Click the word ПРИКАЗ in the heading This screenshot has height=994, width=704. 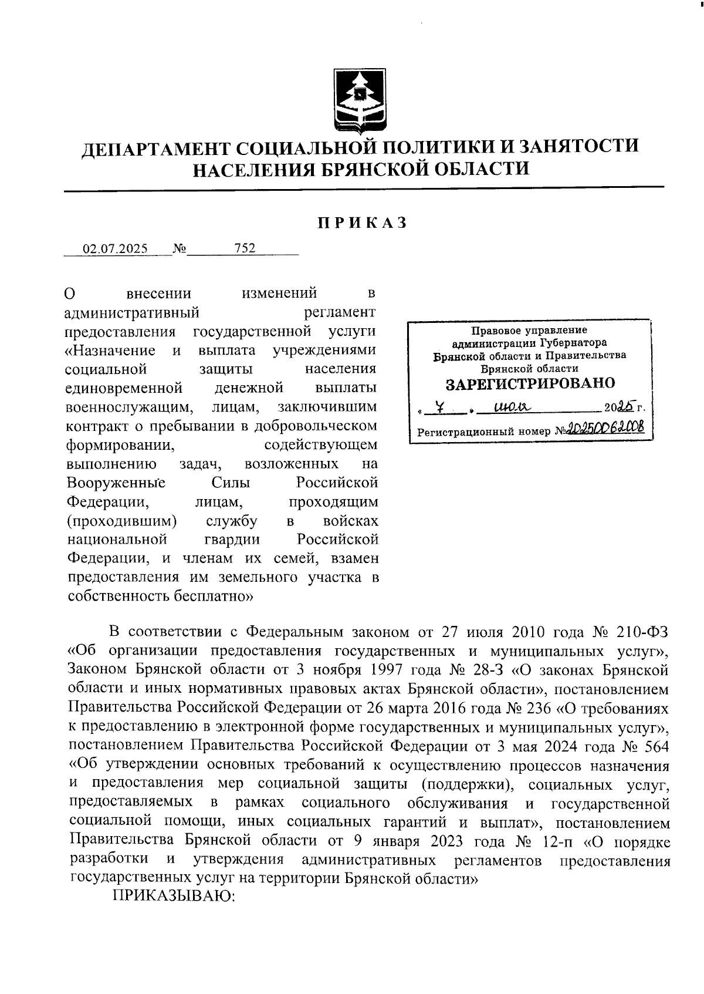coord(362,223)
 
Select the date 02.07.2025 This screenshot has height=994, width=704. coord(115,248)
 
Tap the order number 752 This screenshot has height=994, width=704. coord(245,248)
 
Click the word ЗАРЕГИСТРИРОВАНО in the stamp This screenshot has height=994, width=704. coord(530,384)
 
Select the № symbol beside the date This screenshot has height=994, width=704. coord(180,248)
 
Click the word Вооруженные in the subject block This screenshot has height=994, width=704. coord(116,483)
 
